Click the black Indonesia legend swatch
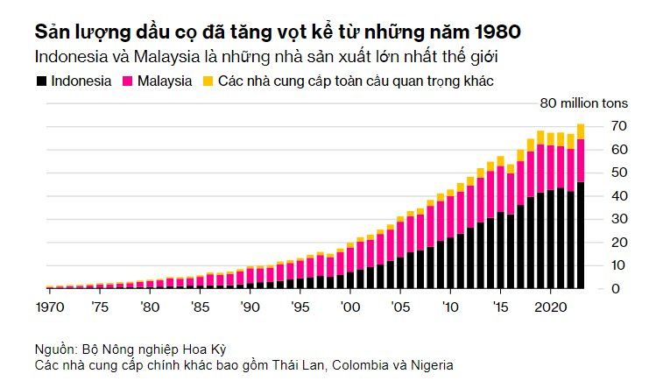coord(41,81)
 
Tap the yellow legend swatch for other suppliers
coord(208,81)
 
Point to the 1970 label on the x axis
coord(49,307)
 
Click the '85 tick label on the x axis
coord(200,307)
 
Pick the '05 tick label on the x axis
coord(400,307)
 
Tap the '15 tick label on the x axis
coord(501,307)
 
